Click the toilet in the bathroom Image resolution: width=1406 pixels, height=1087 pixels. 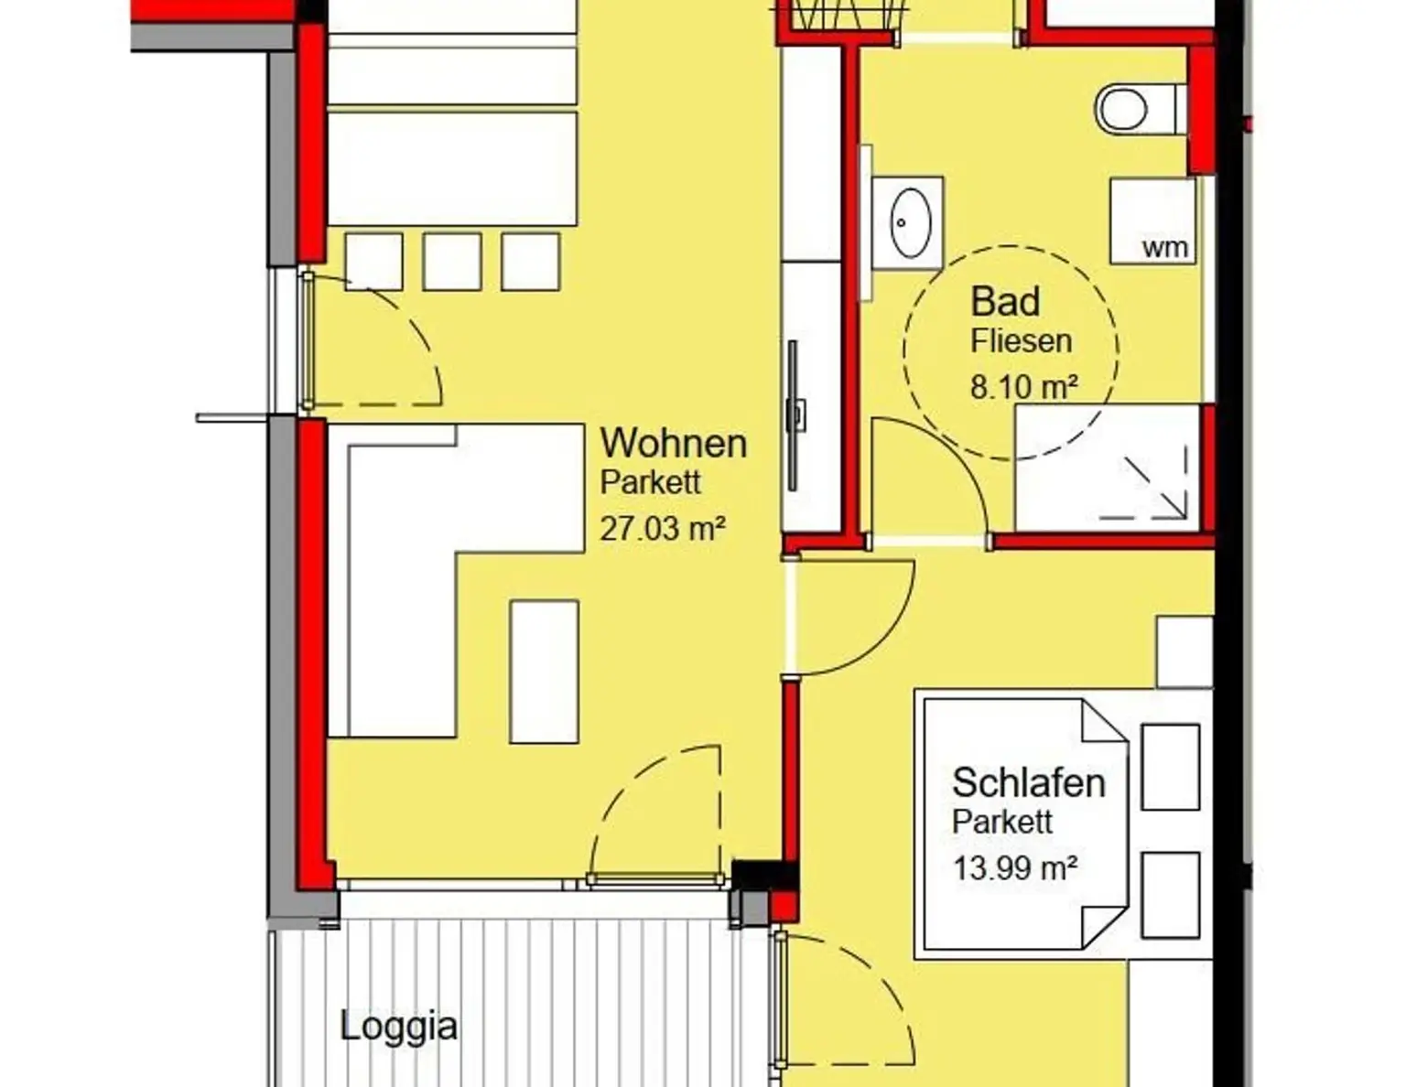click(x=1140, y=110)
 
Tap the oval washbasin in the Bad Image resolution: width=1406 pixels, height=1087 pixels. click(x=911, y=222)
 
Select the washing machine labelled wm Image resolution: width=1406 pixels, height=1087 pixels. click(x=1152, y=221)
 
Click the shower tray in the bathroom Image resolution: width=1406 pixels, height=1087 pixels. click(x=1109, y=468)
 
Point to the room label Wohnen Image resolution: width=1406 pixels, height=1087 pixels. click(x=674, y=444)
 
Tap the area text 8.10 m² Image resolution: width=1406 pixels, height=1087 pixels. click(x=1024, y=387)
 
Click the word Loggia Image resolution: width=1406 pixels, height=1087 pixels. click(x=398, y=1028)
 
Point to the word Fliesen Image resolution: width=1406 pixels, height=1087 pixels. click(x=1021, y=340)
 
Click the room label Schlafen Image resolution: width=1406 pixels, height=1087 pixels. click(x=1029, y=783)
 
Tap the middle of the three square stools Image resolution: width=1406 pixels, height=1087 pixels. click(x=451, y=262)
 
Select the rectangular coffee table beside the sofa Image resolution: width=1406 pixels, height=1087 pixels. click(x=544, y=672)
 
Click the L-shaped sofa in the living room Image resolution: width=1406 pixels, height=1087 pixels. click(x=401, y=582)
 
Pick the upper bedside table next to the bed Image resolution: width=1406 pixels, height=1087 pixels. click(x=1170, y=767)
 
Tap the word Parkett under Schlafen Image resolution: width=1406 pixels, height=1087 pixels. click(x=1002, y=822)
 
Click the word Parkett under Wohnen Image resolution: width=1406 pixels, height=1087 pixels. click(x=650, y=482)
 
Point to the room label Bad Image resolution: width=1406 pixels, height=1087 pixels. click(x=1005, y=302)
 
